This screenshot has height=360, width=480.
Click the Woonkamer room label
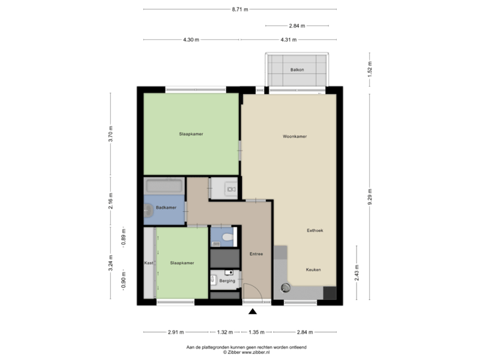point(294,136)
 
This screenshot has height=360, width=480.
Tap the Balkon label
point(297,70)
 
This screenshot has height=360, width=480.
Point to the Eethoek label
point(314,230)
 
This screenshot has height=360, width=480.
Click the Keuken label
point(313,269)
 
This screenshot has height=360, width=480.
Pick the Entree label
point(256,254)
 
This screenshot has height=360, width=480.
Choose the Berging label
point(227,281)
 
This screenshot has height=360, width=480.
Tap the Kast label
point(149,263)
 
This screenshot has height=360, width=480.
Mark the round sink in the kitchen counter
point(285,288)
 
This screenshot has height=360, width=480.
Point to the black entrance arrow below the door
point(252,311)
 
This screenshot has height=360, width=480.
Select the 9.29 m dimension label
point(370,197)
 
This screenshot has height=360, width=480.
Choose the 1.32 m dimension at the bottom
point(225,331)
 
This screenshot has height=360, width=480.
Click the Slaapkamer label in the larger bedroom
point(191,134)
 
